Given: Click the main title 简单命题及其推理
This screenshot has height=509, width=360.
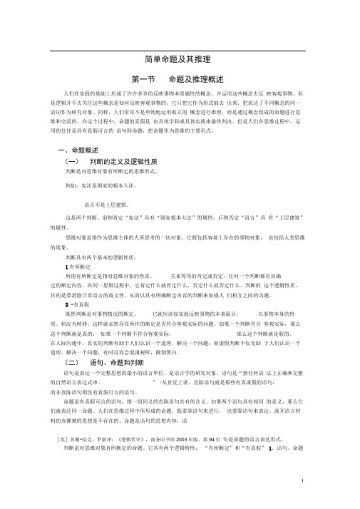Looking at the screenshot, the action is pyautogui.click(x=180, y=61).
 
